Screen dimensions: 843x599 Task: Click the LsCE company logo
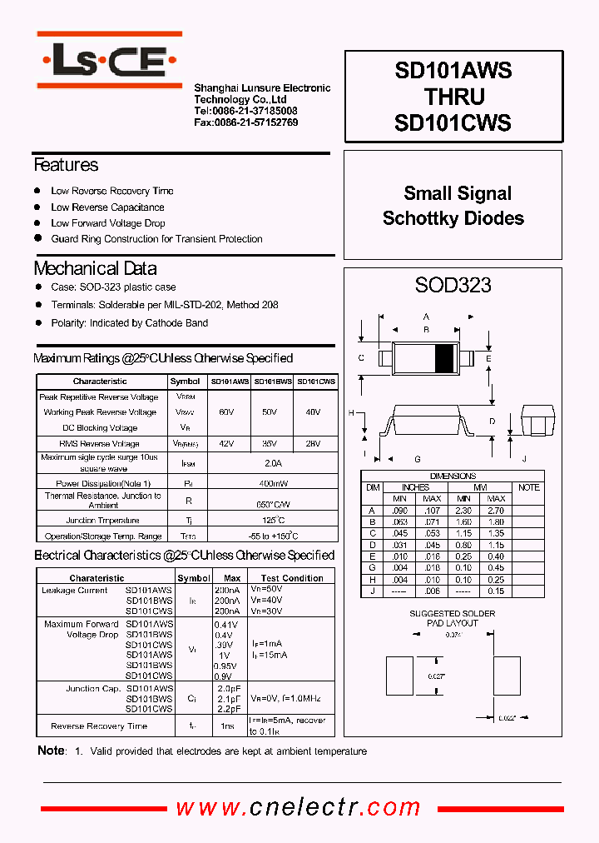point(109,60)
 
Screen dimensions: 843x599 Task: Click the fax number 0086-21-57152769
point(245,122)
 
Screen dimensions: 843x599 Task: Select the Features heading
point(66,165)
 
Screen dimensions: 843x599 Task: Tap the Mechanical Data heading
point(95,268)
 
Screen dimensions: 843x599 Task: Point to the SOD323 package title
point(453,286)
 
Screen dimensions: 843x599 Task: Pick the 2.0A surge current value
point(272,463)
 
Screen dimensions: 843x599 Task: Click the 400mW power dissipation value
point(272,483)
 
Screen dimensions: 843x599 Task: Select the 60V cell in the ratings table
point(226,412)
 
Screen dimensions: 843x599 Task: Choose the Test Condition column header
point(292,578)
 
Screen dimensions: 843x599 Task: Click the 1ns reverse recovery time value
point(228,726)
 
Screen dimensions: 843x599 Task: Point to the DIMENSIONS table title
point(453,476)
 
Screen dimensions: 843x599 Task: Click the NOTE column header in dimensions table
point(529,487)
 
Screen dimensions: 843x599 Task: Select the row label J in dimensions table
point(373,591)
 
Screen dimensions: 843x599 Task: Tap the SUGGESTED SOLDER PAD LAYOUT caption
point(453,618)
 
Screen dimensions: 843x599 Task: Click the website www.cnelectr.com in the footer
point(299,807)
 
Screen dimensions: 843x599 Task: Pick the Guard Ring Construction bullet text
point(156,239)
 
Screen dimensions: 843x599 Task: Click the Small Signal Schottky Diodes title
point(453,206)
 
